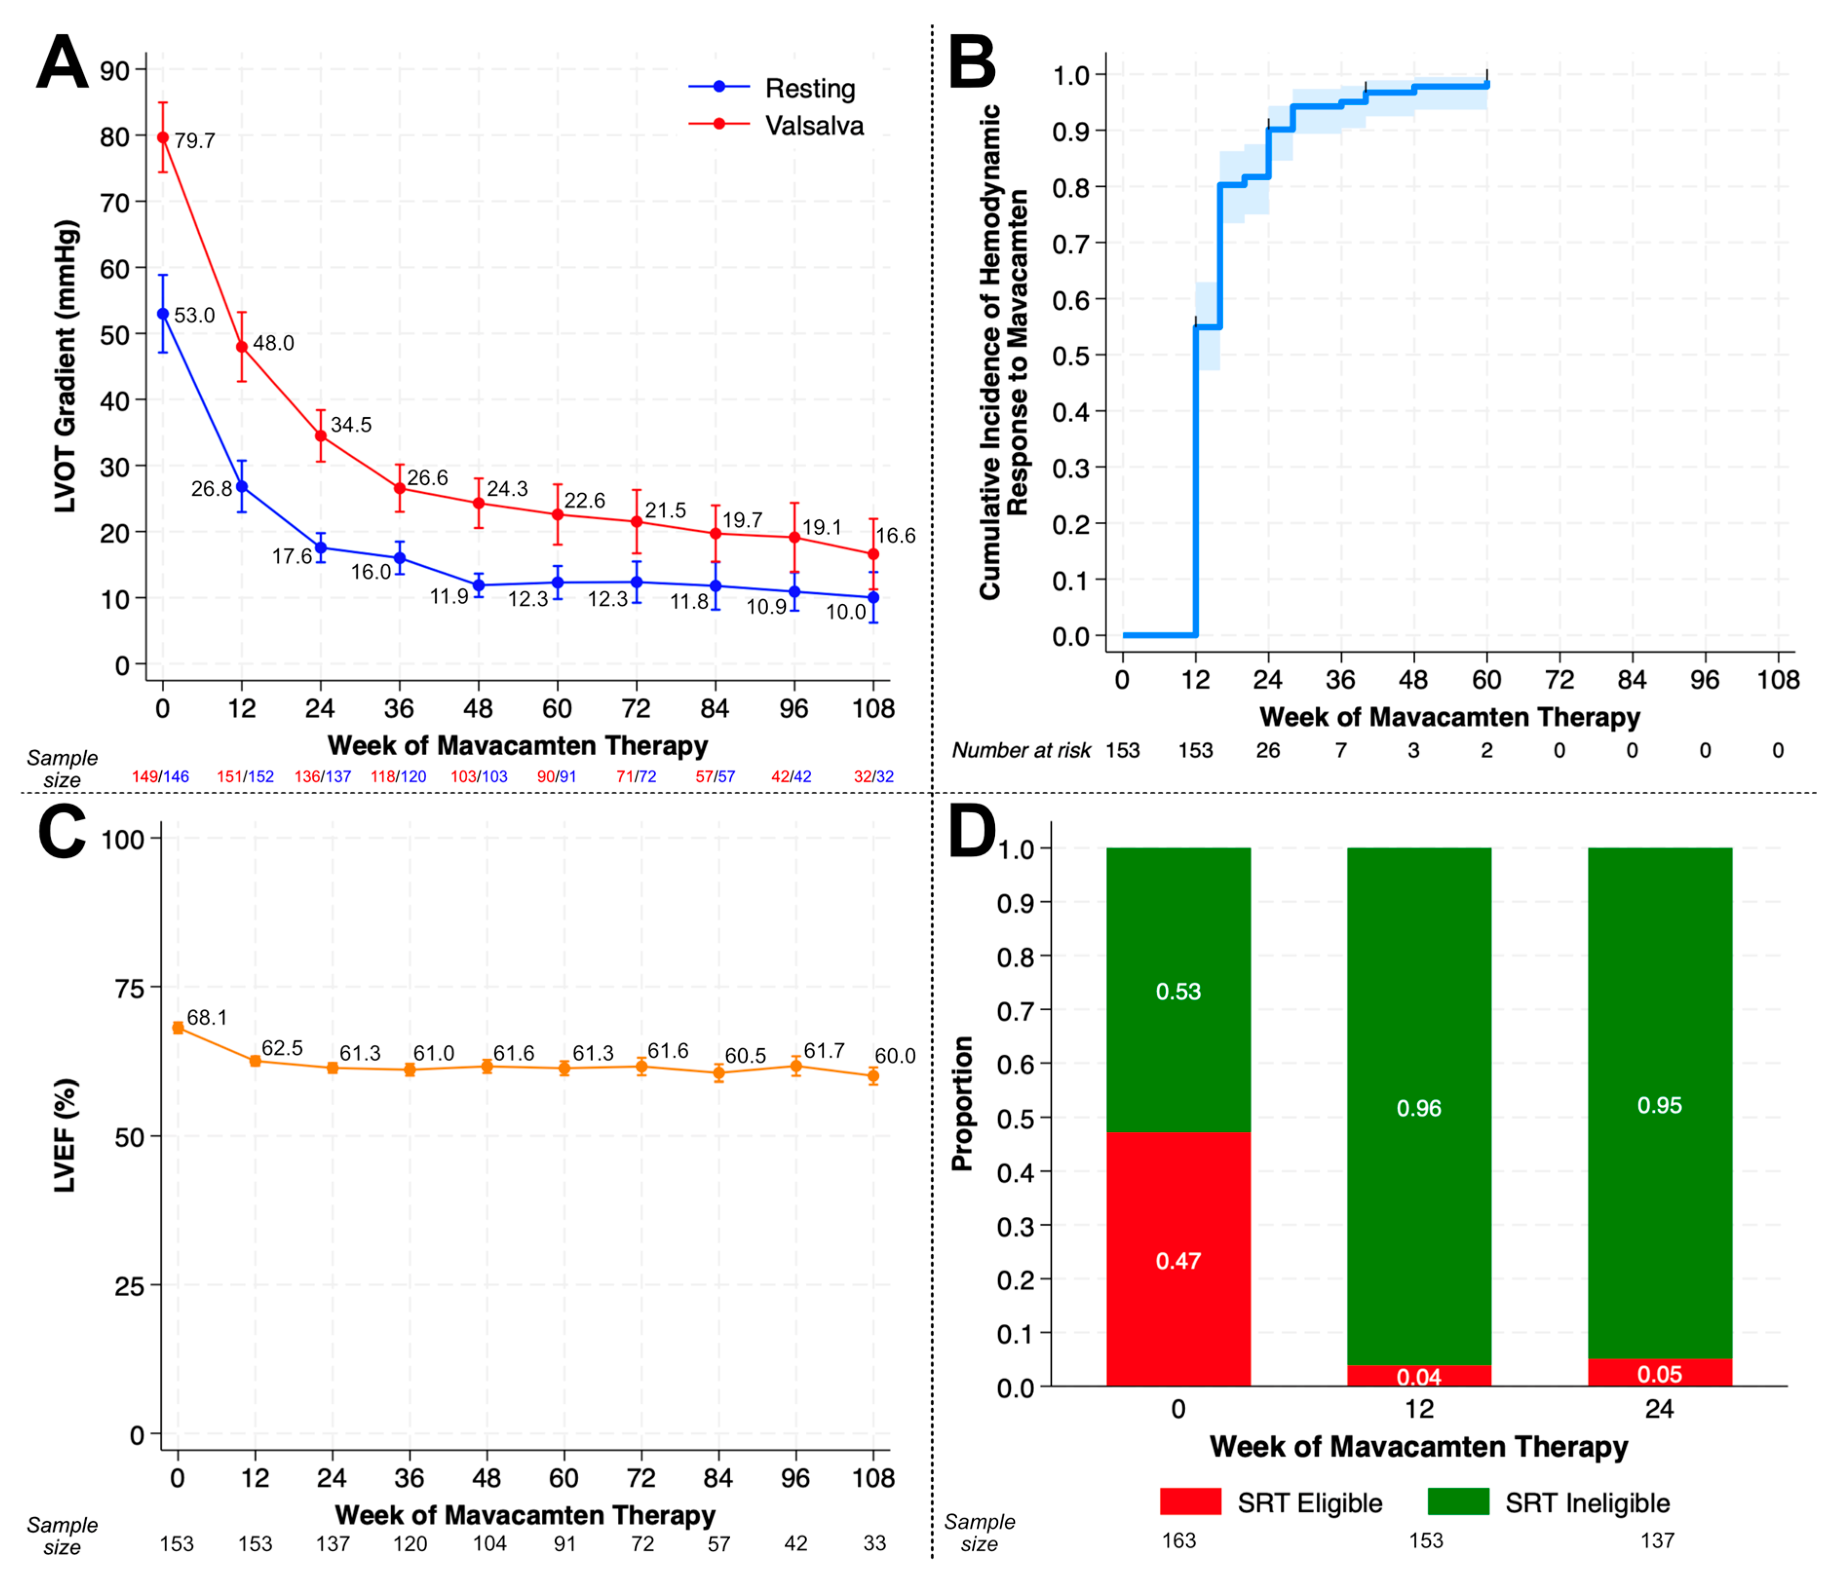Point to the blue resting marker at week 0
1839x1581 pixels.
(162, 314)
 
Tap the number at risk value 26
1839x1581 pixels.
(1268, 751)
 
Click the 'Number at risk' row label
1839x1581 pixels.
(1021, 751)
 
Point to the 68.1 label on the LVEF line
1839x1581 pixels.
(207, 1018)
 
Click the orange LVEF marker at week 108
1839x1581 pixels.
(873, 1076)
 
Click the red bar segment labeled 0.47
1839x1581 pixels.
(1178, 1260)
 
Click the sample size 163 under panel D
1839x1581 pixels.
(1178, 1541)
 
